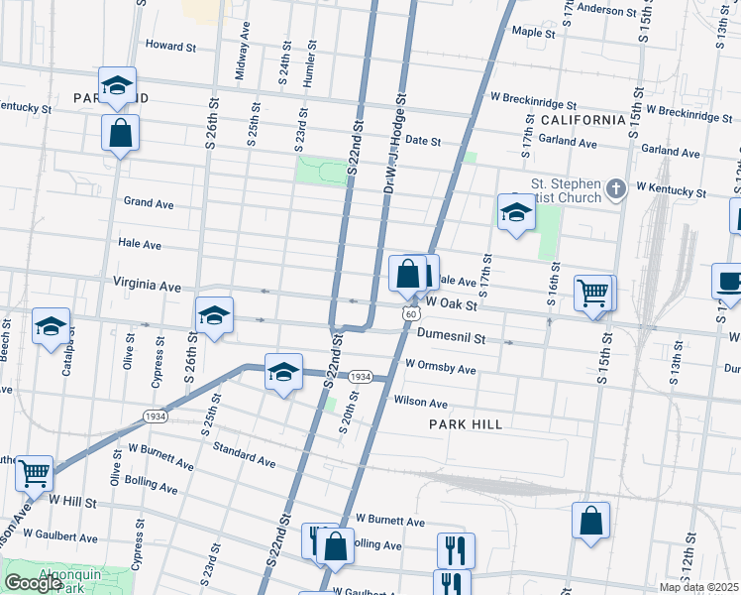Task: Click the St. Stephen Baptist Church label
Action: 567,190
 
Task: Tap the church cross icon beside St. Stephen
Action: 616,187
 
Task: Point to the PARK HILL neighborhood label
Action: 466,423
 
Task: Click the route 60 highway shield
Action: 409,312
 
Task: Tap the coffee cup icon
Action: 729,281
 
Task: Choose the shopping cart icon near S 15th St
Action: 593,293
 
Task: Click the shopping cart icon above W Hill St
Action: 35,473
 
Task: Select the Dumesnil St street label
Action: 451,337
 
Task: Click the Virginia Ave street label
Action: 147,285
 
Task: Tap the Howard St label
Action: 171,46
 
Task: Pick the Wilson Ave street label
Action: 421,403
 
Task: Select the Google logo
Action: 33,583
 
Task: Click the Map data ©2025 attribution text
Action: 698,587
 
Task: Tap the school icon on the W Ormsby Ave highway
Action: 283,372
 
